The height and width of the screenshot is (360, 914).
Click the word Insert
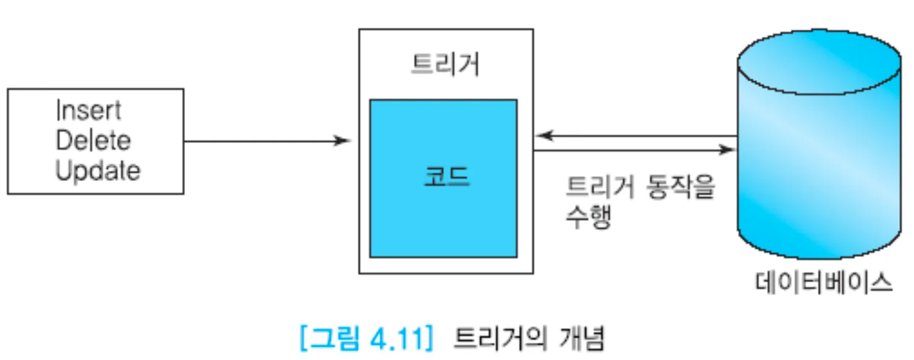coord(88,112)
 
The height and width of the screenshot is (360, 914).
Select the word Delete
coord(93,141)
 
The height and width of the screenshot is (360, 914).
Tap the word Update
coord(97,171)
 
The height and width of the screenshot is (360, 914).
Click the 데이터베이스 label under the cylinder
coord(824,283)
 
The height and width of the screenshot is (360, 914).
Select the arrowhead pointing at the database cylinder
coord(730,149)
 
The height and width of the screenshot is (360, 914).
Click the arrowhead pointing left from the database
coord(541,135)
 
